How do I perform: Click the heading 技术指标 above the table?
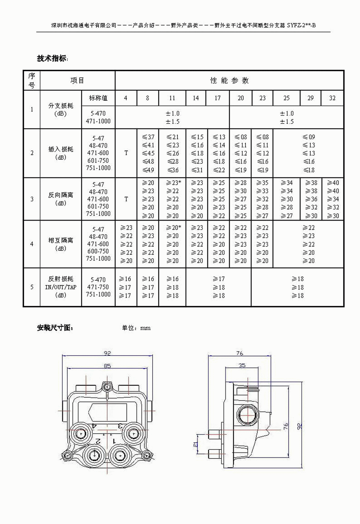pos(52,58)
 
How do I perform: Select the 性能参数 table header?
pos(229,80)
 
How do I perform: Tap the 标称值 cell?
pos(98,98)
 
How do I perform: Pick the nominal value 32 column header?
pos(332,98)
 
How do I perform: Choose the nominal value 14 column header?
pos(195,98)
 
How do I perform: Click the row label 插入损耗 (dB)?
pos(60,153)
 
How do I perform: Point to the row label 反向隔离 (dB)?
pos(60,199)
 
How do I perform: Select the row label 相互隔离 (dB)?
pos(60,244)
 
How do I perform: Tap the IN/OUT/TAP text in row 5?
pos(60,287)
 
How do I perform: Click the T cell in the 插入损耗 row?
pos(126,153)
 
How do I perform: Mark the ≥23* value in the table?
pos(174,183)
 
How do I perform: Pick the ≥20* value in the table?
pos(174,228)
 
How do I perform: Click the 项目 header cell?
pos(77,80)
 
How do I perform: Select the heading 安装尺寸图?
pos(55,328)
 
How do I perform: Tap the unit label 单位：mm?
pos(136,328)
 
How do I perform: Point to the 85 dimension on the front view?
pos(107,366)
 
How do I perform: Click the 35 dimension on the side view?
pos(242,365)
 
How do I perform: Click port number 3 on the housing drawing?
pos(120,426)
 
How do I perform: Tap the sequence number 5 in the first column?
pos(32,287)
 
